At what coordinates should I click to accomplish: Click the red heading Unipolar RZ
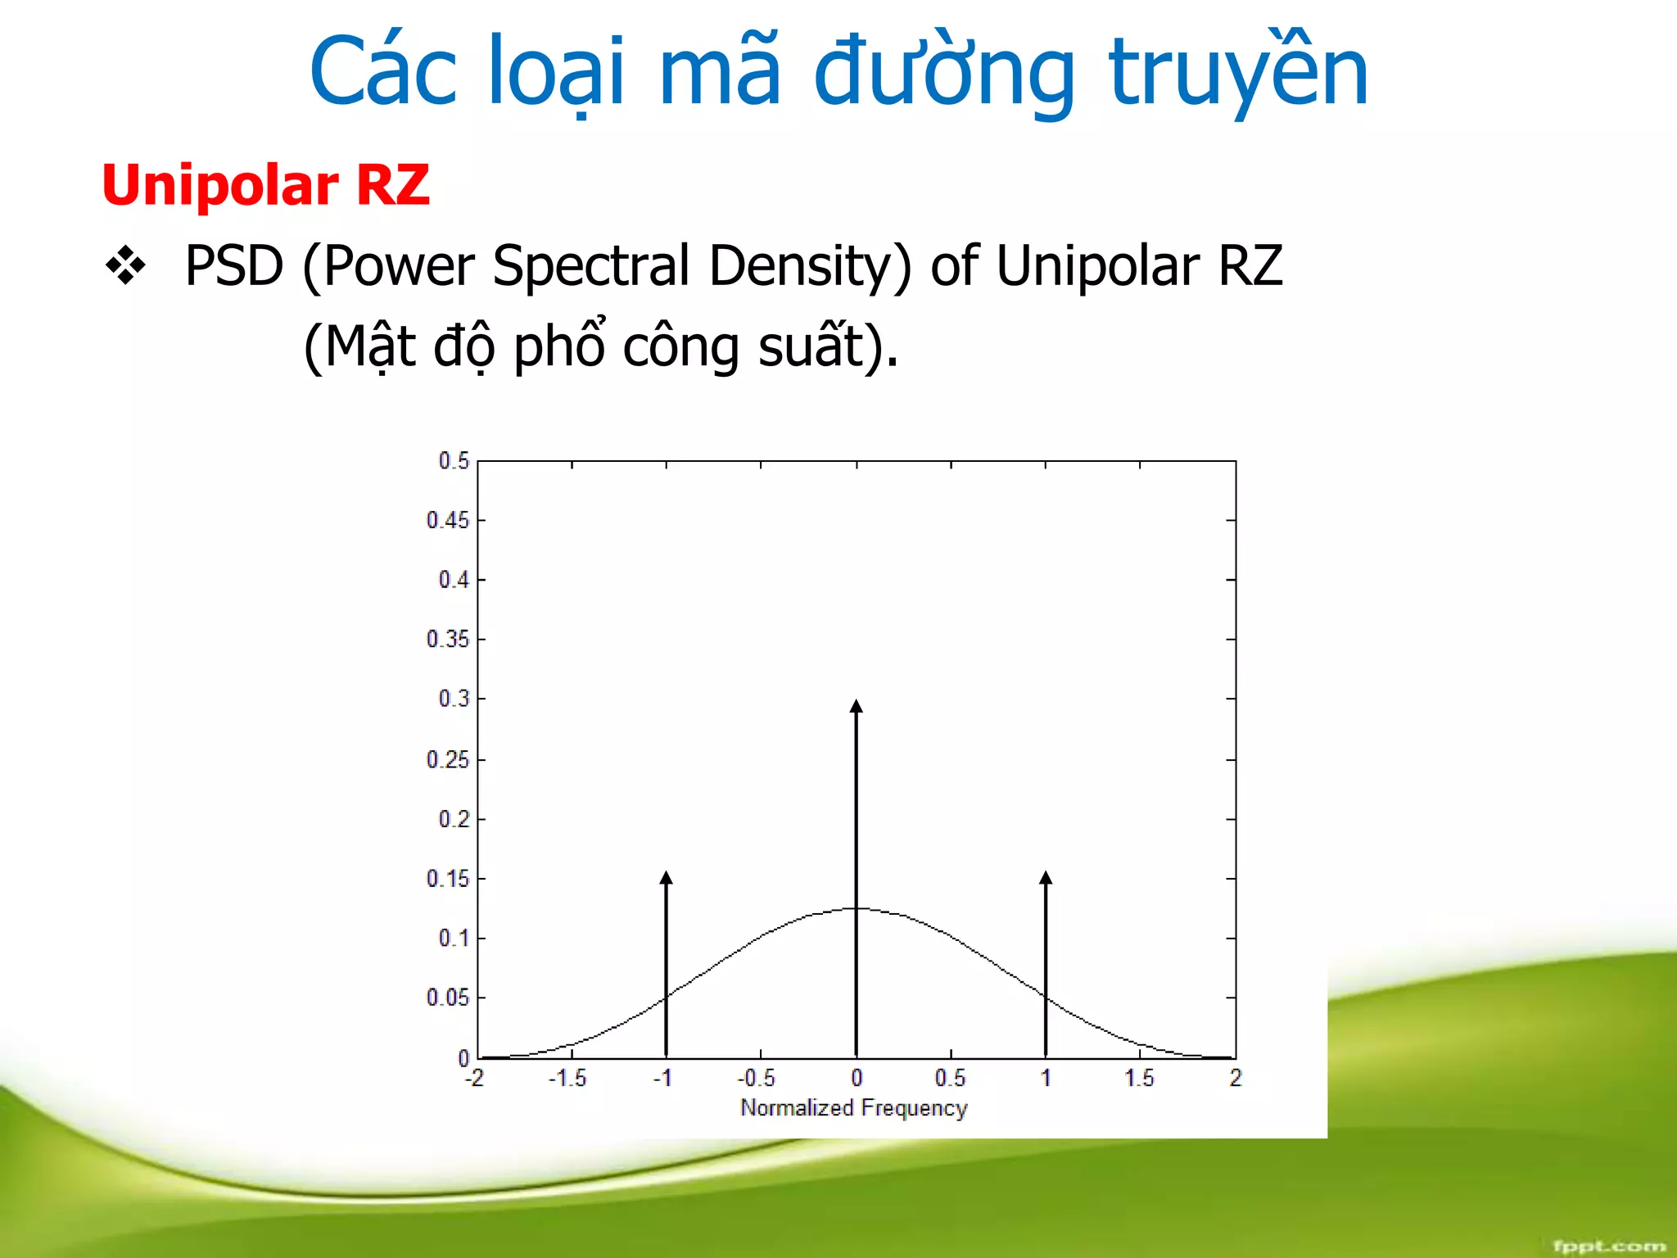point(265,185)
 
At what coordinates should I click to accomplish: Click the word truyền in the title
point(1237,74)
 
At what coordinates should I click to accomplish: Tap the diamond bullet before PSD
point(125,266)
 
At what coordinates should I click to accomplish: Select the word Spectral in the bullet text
point(591,266)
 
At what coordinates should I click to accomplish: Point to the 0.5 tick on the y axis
point(454,461)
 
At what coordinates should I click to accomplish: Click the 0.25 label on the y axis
point(448,760)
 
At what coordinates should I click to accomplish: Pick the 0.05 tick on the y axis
point(448,998)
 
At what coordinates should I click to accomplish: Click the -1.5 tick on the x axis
point(567,1079)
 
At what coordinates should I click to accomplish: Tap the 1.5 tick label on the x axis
point(1139,1079)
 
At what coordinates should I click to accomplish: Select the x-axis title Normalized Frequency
point(853,1108)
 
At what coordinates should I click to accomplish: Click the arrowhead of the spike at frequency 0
point(857,707)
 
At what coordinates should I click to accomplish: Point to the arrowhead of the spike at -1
point(667,878)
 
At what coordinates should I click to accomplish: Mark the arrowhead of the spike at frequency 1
point(1046,878)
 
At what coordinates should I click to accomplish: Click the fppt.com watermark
point(1608,1246)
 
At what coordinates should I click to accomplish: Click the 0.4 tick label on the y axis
point(454,580)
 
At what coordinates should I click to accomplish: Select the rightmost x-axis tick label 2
point(1236,1079)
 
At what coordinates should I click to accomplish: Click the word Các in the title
point(383,74)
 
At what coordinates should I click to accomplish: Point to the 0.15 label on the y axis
point(448,879)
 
